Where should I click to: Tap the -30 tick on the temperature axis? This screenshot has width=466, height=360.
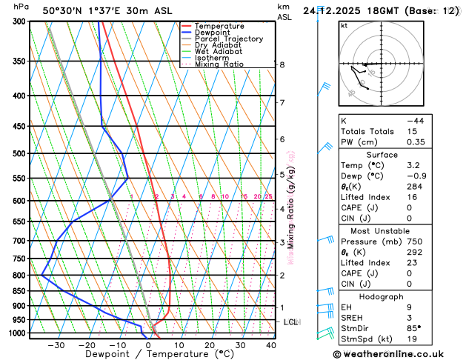coord(56,345)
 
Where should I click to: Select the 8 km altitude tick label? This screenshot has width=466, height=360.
coord(282,64)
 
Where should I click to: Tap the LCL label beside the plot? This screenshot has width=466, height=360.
coord(290,322)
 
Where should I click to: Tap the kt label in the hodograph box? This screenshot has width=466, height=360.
coord(344,26)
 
